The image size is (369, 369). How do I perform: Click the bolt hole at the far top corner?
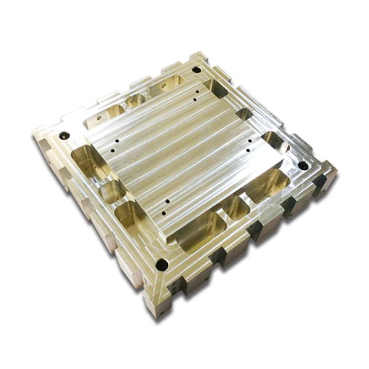(196, 69)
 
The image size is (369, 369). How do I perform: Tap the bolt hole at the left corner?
(63, 135)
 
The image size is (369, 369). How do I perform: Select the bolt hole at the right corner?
(303, 165)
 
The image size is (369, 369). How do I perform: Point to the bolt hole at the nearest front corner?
(162, 265)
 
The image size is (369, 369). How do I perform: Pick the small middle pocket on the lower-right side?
(234, 209)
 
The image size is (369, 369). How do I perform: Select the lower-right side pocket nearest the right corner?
(266, 184)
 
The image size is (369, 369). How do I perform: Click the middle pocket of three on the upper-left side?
(135, 100)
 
